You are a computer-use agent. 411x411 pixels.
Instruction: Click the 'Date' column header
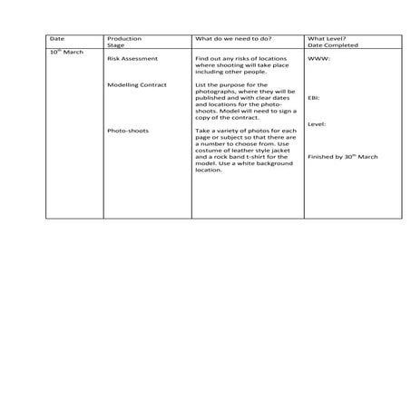click(x=56, y=38)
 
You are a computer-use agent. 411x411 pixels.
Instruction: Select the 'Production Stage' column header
click(x=123, y=42)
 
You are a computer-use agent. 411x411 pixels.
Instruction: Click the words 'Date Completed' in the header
click(x=333, y=45)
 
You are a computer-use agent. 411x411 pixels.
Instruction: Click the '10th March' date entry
click(x=66, y=53)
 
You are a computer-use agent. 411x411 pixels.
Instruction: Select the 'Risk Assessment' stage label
click(x=132, y=59)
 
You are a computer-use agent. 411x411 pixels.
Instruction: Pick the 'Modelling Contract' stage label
click(x=136, y=84)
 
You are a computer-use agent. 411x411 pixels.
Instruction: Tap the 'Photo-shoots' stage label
click(x=128, y=131)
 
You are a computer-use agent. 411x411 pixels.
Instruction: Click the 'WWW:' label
click(x=318, y=59)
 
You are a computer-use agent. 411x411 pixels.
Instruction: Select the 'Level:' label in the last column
click(x=317, y=124)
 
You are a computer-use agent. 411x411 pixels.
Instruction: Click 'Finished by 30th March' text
click(x=343, y=157)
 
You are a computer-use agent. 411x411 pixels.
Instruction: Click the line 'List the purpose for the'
click(x=231, y=84)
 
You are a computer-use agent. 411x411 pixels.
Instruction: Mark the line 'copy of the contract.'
click(x=226, y=117)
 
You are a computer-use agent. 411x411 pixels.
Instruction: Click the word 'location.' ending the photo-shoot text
click(x=210, y=171)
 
